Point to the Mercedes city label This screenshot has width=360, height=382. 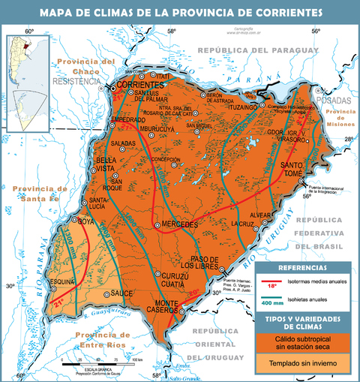click(179, 224)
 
